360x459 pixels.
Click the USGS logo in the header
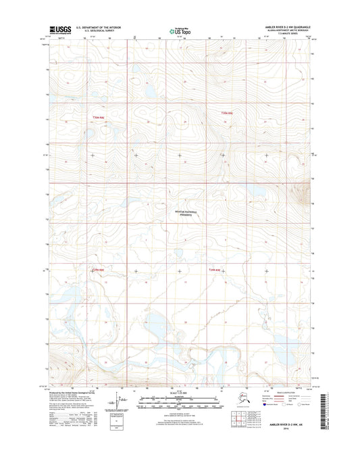point(59,29)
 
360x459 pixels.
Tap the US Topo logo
point(179,29)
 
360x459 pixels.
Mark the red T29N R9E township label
point(215,270)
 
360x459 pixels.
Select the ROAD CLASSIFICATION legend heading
point(284,393)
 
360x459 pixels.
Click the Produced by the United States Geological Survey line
point(75,394)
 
